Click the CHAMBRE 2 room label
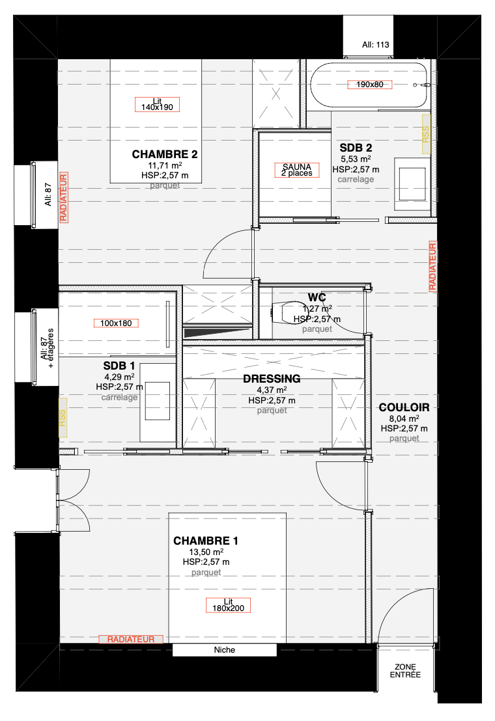pyautogui.click(x=165, y=154)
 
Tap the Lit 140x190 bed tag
pyautogui.click(x=157, y=104)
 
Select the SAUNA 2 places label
pyautogui.click(x=297, y=170)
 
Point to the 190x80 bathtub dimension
pyautogui.click(x=369, y=85)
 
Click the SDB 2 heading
pyautogui.click(x=356, y=148)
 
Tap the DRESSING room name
pyautogui.click(x=272, y=379)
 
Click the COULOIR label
pyautogui.click(x=404, y=407)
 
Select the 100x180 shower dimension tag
pyautogui.click(x=116, y=323)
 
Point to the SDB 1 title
pyautogui.click(x=119, y=366)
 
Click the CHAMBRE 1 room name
pyautogui.click(x=205, y=541)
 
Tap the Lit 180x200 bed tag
pyautogui.click(x=228, y=605)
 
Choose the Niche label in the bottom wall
pyautogui.click(x=225, y=649)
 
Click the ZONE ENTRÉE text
pyautogui.click(x=405, y=671)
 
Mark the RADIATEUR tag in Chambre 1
pyautogui.click(x=131, y=639)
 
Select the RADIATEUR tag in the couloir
pyautogui.click(x=432, y=266)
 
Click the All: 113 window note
pyautogui.click(x=375, y=45)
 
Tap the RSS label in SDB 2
pyautogui.click(x=425, y=134)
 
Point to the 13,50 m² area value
pyautogui.click(x=206, y=552)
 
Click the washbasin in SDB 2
pyautogui.click(x=412, y=184)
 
